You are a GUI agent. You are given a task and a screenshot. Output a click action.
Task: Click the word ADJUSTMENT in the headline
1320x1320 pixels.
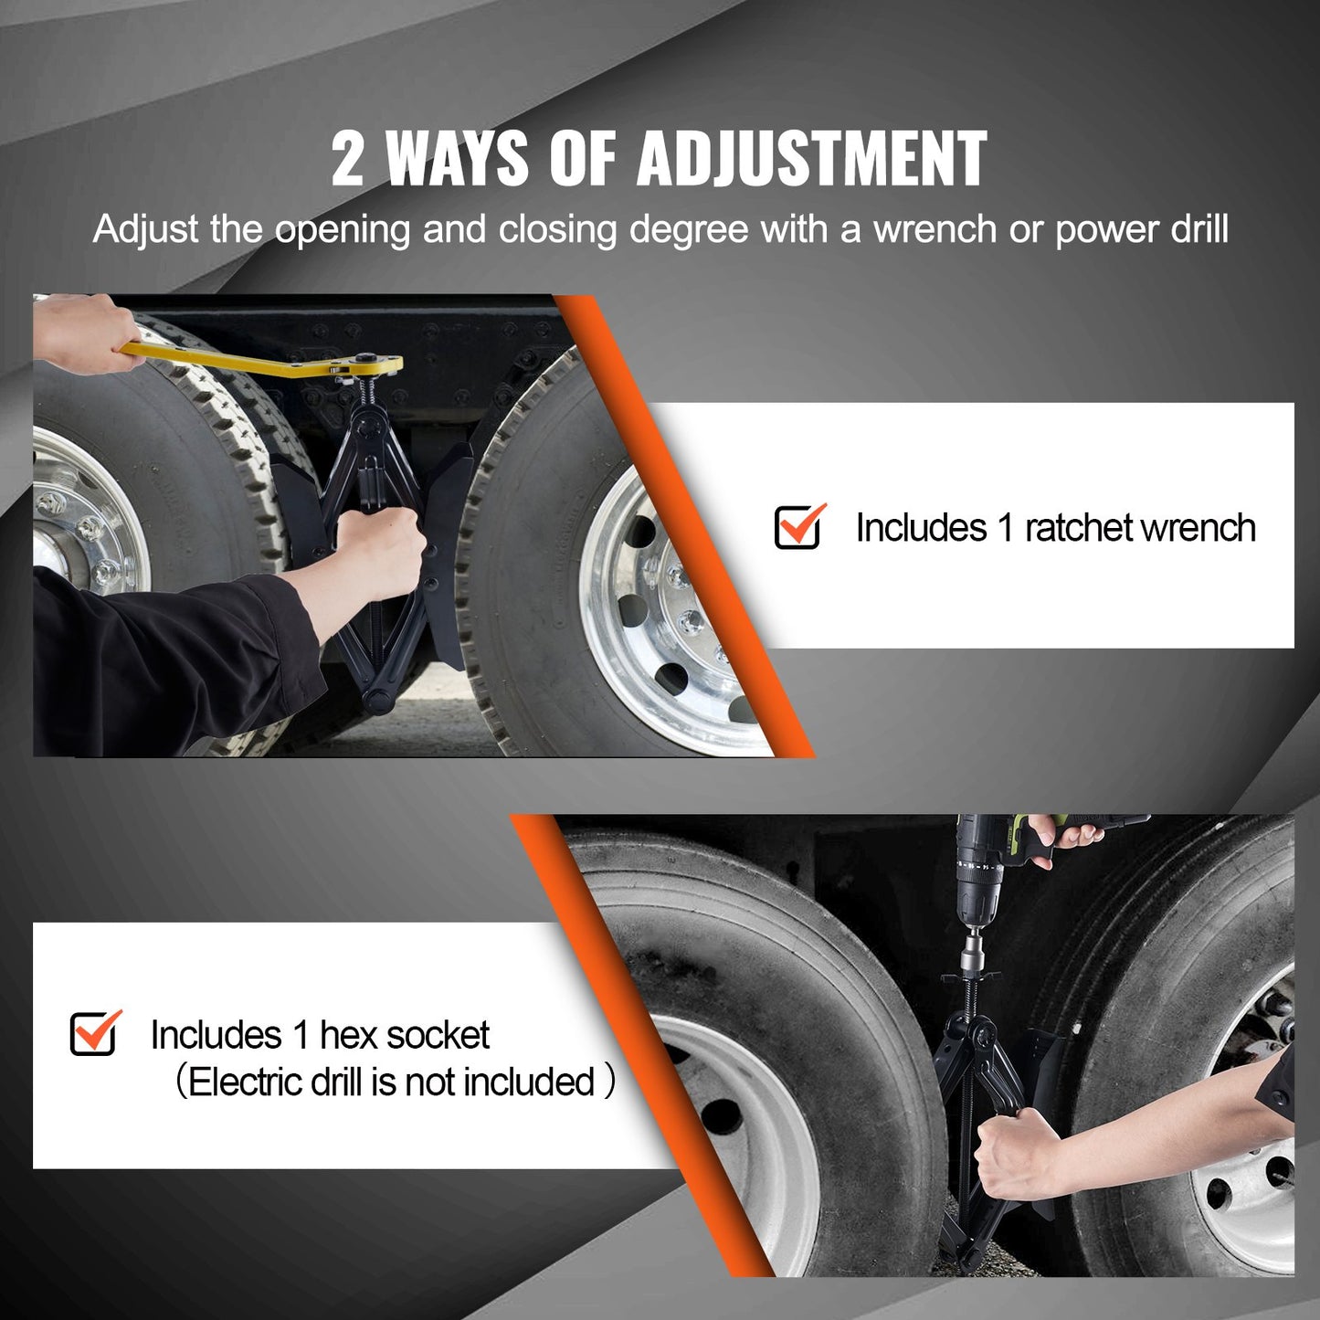click(811, 159)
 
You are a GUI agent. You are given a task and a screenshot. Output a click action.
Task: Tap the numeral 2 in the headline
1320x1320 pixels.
click(348, 160)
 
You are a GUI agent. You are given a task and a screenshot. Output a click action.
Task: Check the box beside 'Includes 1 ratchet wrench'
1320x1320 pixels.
click(798, 526)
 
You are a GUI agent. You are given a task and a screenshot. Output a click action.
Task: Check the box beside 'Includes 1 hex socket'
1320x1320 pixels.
click(94, 1033)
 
